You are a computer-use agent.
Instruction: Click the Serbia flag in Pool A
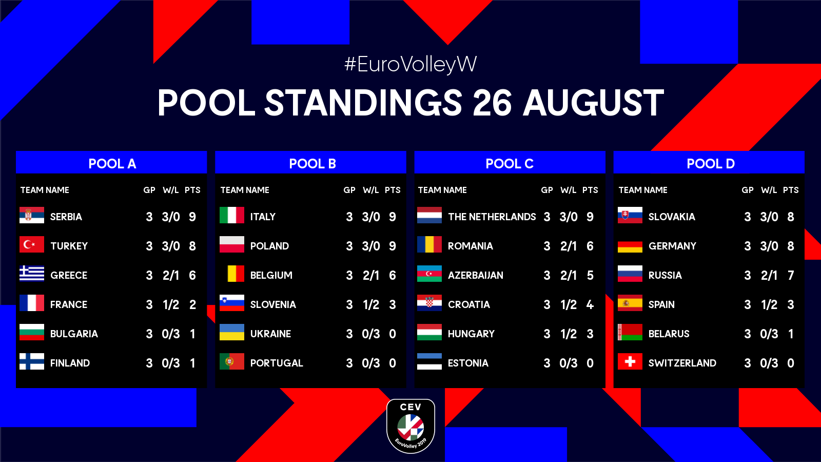32,215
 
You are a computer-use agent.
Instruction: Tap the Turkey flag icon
32,244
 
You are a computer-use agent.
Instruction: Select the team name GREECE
69,275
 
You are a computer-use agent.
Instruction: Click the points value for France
192,305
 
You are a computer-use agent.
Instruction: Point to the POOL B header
312,164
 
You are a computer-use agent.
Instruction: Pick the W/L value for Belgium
370,275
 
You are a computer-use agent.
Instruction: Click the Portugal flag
231,361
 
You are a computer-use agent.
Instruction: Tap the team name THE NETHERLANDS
492,217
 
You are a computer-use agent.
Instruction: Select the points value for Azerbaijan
590,275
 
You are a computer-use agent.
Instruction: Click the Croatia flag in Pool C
429,303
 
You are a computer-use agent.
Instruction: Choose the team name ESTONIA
468,363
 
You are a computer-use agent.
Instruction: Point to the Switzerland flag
630,361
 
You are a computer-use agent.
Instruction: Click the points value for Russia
791,275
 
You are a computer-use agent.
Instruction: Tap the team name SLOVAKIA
672,217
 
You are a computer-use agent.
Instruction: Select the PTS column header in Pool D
791,190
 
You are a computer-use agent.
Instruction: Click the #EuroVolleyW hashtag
411,65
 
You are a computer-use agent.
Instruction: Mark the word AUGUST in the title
593,103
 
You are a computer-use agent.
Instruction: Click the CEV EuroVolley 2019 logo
411,426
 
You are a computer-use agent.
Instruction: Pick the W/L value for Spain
769,305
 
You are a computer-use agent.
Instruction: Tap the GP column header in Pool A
149,190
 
